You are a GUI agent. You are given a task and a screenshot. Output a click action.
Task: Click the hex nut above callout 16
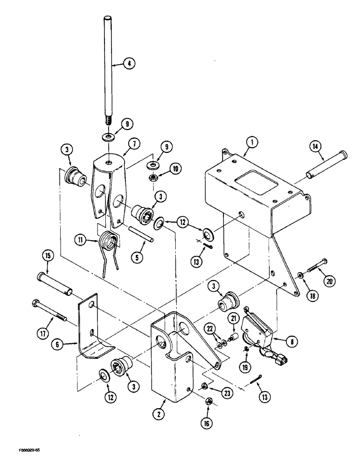coord(209,399)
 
